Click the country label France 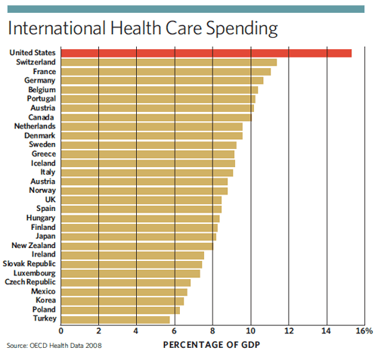tap(42, 71)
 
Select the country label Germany tap(39, 80)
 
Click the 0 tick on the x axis tap(61, 331)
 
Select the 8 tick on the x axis tap(212, 331)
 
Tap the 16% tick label tap(364, 331)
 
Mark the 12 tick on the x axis tap(288, 331)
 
